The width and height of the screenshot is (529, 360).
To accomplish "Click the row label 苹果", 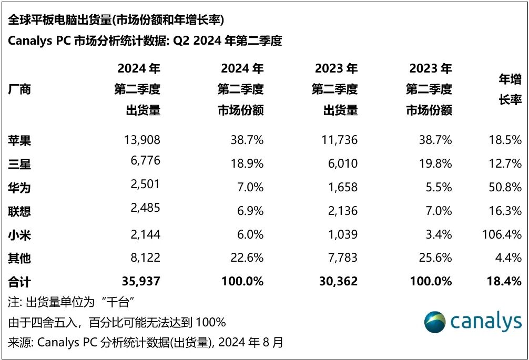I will [x=19, y=140].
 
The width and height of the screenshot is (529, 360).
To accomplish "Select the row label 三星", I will [x=19, y=164].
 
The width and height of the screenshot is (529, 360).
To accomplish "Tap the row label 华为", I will [x=19, y=187].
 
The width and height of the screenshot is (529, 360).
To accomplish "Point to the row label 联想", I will [x=19, y=211].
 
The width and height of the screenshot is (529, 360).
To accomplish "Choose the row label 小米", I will [x=19, y=234].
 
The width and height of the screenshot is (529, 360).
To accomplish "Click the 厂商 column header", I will [x=19, y=89].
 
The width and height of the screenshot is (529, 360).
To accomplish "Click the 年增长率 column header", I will [x=509, y=89].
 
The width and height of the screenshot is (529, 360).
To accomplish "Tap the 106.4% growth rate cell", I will [x=502, y=234].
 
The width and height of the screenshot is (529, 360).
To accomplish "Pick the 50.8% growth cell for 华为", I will [x=505, y=187].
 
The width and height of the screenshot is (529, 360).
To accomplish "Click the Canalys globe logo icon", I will [x=435, y=322].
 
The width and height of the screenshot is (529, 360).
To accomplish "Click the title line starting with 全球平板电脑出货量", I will [x=116, y=20].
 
